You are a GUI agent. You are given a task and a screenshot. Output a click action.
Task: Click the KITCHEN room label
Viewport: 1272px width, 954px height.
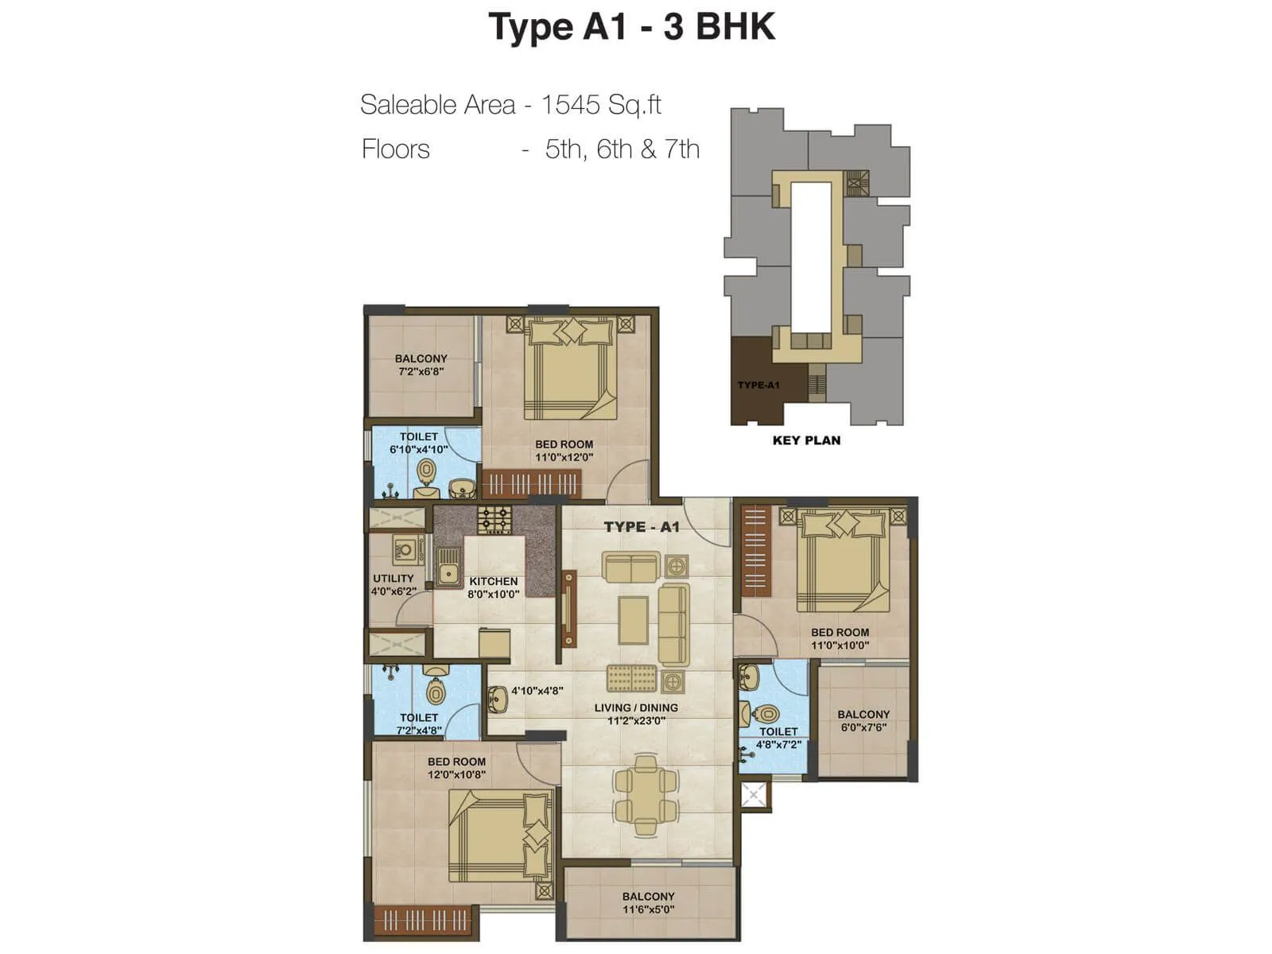click(493, 581)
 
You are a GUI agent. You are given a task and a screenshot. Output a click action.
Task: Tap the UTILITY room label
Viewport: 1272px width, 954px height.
click(394, 578)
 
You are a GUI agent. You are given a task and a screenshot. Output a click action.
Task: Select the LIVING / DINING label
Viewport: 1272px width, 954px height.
click(636, 708)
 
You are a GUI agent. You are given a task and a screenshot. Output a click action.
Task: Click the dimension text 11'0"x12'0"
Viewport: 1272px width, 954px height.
click(564, 457)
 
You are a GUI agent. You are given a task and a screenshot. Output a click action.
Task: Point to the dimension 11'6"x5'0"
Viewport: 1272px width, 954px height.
click(648, 909)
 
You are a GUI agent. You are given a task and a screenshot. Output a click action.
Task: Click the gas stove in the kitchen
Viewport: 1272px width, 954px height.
click(494, 521)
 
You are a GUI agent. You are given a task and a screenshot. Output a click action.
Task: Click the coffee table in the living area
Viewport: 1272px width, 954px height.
click(633, 620)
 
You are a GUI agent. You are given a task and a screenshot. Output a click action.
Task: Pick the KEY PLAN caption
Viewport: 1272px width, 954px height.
click(806, 440)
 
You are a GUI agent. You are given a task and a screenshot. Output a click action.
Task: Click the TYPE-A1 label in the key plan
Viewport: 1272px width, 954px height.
click(758, 386)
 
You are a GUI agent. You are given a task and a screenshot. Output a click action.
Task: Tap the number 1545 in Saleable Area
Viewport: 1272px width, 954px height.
click(570, 104)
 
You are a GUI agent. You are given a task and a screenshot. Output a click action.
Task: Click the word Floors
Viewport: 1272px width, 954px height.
click(395, 149)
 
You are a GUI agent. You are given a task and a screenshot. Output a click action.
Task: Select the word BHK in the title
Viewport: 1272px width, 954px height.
click(735, 26)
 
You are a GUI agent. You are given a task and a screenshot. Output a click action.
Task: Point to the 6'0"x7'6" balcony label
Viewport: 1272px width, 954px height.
click(863, 727)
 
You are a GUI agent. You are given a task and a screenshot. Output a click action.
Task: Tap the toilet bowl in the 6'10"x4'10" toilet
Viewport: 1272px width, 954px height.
click(427, 473)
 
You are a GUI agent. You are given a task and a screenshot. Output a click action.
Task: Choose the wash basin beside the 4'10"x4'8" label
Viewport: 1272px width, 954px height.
click(498, 698)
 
